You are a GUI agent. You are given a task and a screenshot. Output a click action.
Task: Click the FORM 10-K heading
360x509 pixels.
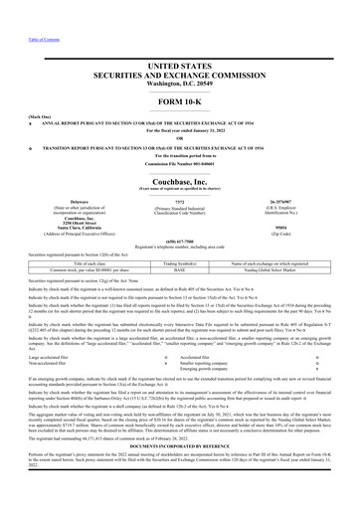pos(179,103)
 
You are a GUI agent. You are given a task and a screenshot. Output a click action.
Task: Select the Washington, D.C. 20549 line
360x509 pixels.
pos(179,81)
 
